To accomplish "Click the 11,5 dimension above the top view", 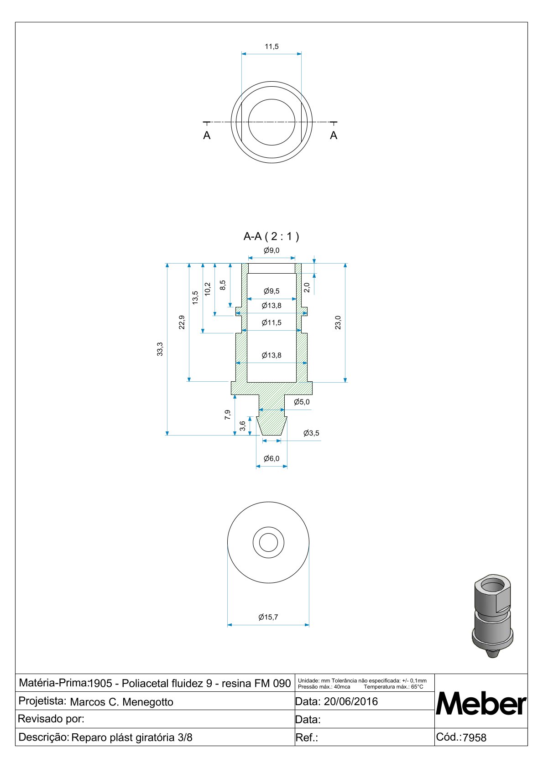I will pyautogui.click(x=271, y=47).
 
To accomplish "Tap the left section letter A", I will pyautogui.click(x=207, y=135).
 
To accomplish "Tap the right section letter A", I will pyautogui.click(x=334, y=135).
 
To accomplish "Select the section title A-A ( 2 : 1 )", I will pyautogui.click(x=271, y=236).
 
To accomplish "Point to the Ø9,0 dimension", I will pyautogui.click(x=271, y=250).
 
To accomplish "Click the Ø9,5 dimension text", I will pyautogui.click(x=271, y=291).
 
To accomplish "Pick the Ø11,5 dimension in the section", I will pyautogui.click(x=271, y=323).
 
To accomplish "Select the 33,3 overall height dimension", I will pyautogui.click(x=160, y=349).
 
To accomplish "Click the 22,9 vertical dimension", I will pyautogui.click(x=182, y=322).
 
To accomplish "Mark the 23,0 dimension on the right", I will pyautogui.click(x=338, y=322).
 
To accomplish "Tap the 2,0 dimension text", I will pyautogui.click(x=307, y=288).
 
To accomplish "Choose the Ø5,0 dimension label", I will pyautogui.click(x=302, y=402).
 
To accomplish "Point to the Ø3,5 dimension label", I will pyautogui.click(x=311, y=433).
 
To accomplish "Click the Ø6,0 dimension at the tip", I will pyautogui.click(x=271, y=458).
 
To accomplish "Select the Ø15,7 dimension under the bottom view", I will pyautogui.click(x=268, y=617).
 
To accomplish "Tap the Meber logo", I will pyautogui.click(x=481, y=704).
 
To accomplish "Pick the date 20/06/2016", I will pyautogui.click(x=351, y=701).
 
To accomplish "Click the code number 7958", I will pyautogui.click(x=475, y=737).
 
